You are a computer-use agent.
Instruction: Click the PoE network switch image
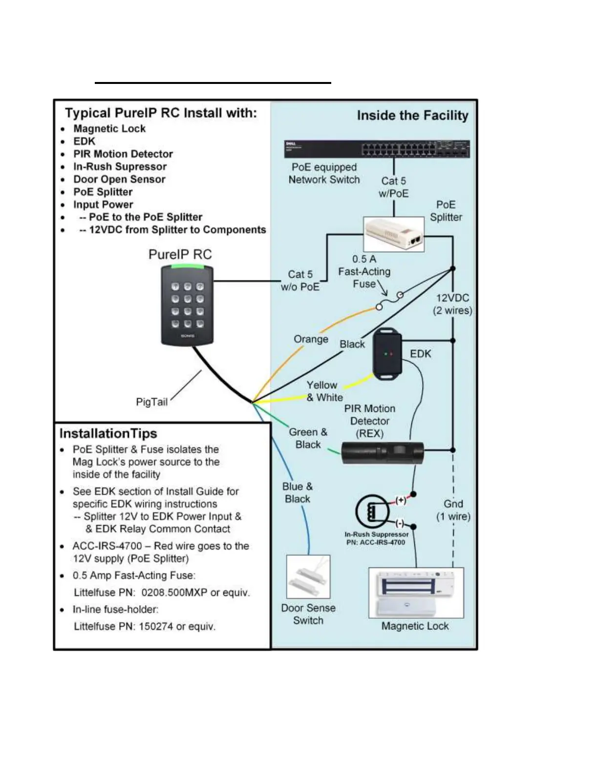point(377,149)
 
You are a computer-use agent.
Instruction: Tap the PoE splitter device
point(394,235)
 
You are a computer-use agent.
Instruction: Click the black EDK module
point(387,353)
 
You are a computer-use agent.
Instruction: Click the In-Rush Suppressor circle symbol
point(373,512)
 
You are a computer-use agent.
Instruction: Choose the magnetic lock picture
point(416,593)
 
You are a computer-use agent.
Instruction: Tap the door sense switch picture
point(308,577)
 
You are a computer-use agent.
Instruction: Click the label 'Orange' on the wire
point(311,339)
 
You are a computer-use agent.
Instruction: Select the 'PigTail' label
point(151,402)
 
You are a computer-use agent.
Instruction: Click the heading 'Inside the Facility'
point(412,116)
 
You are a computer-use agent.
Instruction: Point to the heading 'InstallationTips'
point(108,434)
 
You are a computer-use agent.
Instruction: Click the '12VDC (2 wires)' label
point(452,304)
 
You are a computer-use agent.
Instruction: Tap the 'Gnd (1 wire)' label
point(453,510)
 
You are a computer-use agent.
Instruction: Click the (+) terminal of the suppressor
point(401,500)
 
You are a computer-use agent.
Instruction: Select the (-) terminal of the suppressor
point(400,524)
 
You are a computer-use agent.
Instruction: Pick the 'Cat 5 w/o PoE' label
point(300,281)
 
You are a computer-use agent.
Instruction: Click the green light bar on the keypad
point(187,267)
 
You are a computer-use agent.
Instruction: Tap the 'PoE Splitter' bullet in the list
point(103,192)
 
